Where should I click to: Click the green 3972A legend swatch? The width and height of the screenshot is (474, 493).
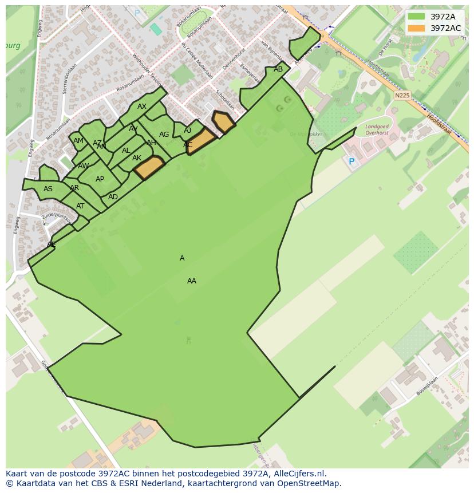(416, 17)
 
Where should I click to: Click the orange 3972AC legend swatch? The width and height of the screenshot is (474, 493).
(416, 28)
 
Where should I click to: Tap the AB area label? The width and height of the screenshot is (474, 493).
(278, 69)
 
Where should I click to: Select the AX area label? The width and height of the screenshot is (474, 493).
(142, 107)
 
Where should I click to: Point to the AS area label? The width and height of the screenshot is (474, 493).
(48, 189)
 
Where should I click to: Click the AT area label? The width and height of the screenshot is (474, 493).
(80, 206)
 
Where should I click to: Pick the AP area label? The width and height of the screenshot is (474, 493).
(100, 179)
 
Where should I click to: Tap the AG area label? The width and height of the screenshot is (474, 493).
(164, 135)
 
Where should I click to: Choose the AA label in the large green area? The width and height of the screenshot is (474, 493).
(192, 281)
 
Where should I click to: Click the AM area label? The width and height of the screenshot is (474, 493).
(78, 141)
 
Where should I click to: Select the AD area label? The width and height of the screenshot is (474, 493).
(113, 197)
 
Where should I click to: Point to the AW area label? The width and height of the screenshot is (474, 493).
(84, 166)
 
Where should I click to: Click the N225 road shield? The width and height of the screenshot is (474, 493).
(402, 96)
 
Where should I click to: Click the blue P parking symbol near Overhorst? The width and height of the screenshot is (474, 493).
(351, 162)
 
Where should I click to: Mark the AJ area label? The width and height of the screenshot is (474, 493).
(188, 131)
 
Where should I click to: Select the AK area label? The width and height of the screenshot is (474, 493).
(137, 158)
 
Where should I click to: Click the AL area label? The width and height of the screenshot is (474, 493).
(126, 151)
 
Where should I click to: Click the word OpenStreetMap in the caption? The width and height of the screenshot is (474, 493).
(309, 483)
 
